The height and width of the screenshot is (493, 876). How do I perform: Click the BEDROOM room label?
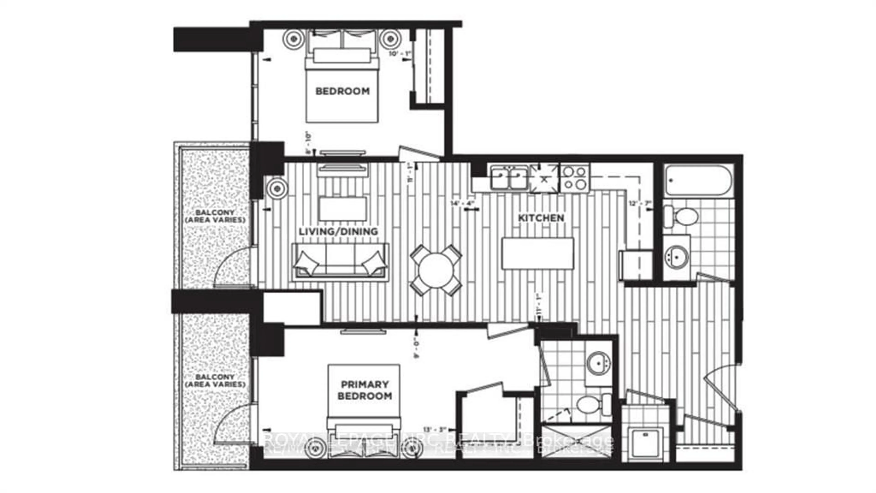click(342, 91)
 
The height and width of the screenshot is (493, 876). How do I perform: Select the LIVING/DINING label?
click(338, 231)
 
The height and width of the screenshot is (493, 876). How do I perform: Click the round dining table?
click(436, 270)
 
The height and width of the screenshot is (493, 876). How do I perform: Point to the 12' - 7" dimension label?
click(640, 203)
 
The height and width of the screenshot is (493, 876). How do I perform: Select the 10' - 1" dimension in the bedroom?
click(401, 53)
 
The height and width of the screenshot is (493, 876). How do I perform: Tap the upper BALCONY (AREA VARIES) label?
click(215, 216)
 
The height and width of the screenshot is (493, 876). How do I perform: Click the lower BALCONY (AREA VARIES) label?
click(215, 381)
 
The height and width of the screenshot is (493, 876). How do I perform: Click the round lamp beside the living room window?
click(277, 188)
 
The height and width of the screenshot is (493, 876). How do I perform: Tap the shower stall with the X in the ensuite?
click(576, 441)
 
